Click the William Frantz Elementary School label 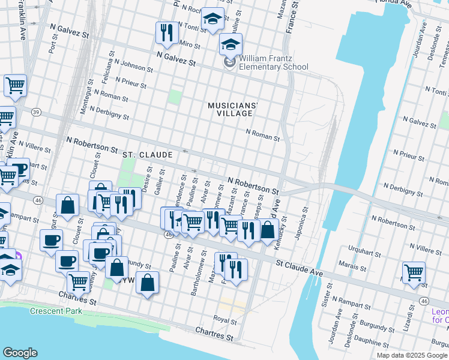[x=274, y=62]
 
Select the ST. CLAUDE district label [x=148, y=155]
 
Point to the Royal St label [x=226, y=320]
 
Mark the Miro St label [x=189, y=45]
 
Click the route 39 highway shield [x=36, y=112]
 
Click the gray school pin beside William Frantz [x=229, y=62]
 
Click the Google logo [x=20, y=353]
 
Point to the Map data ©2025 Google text [x=411, y=355]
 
